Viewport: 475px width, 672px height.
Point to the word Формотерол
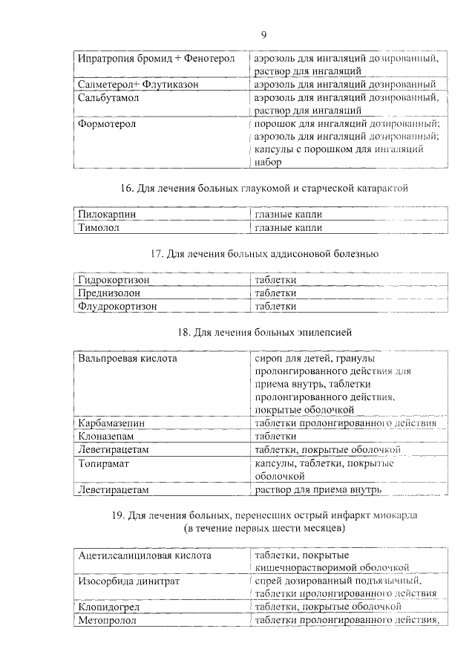point(107,124)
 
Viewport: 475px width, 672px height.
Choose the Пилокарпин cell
point(108,214)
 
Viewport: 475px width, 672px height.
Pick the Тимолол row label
point(99,227)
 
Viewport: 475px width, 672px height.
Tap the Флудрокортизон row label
point(117,305)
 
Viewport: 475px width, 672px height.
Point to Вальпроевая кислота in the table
point(128,358)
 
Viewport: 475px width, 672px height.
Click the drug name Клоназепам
point(106,437)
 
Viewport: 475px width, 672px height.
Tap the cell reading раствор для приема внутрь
point(318,489)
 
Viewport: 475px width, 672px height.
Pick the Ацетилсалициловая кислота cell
point(145,555)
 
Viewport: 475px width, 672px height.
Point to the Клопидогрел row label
point(108,607)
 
